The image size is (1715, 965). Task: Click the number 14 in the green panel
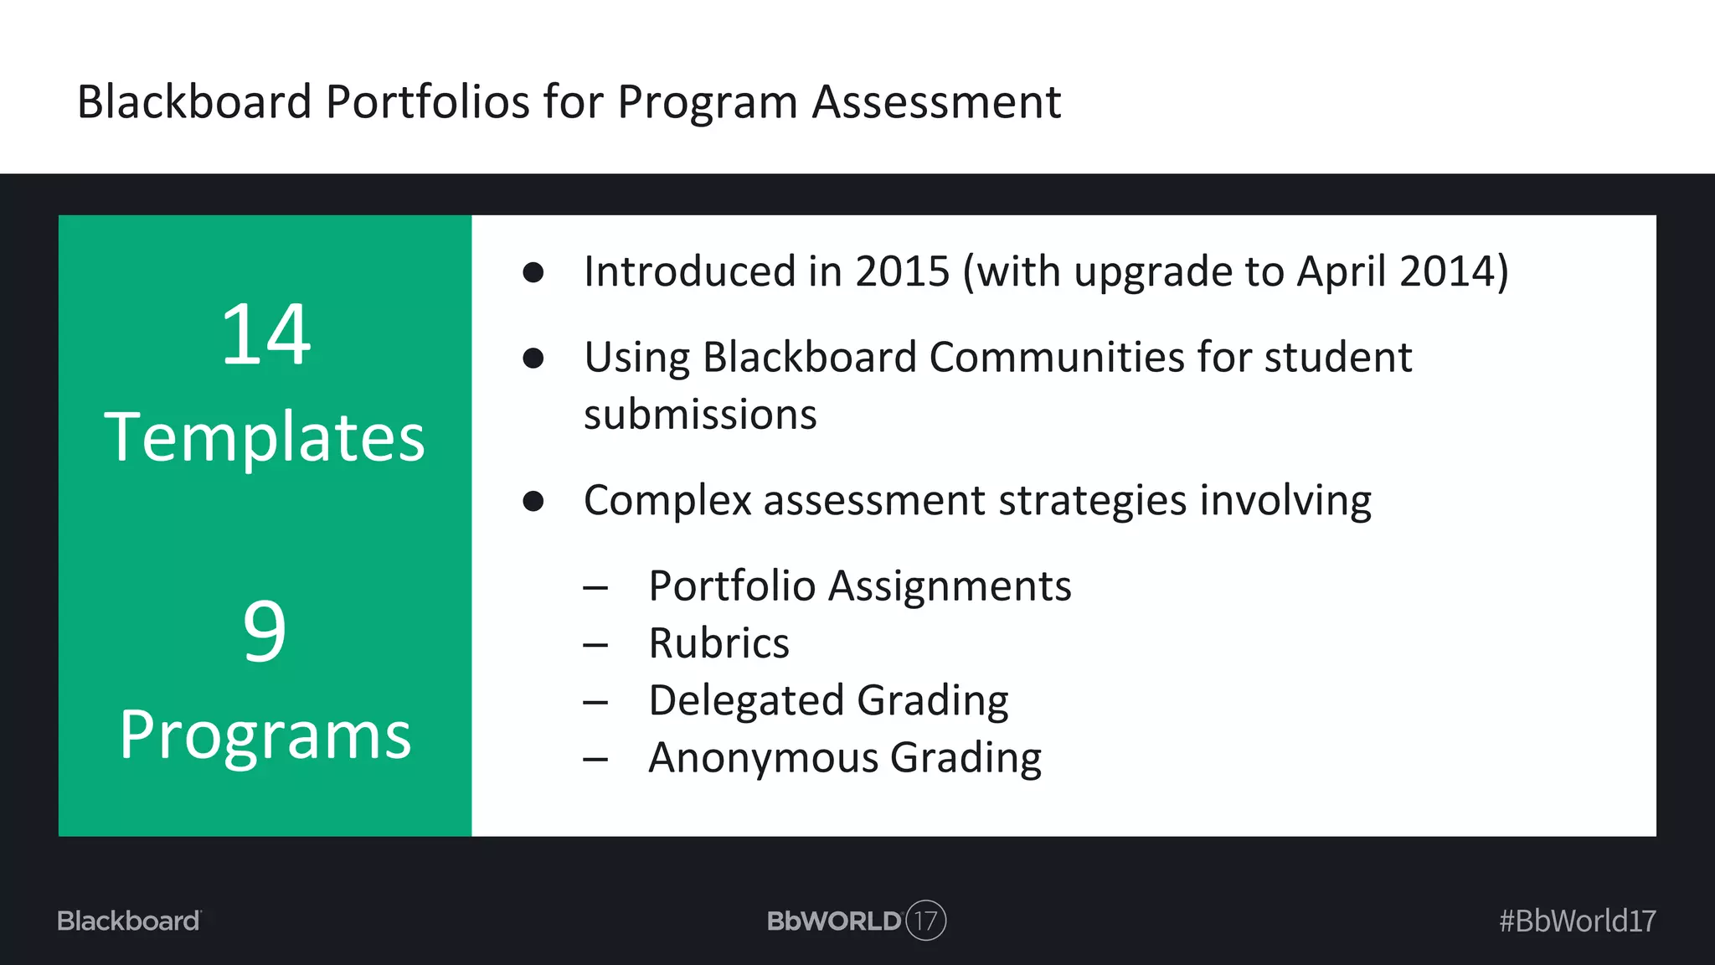[265, 335]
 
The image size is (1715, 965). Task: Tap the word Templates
[265, 437]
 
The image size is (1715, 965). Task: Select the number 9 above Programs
[265, 631]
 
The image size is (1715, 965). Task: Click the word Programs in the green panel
[265, 735]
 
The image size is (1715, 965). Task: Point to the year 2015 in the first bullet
[903, 271]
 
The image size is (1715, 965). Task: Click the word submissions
[700, 415]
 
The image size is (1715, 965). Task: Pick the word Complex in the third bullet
[667, 501]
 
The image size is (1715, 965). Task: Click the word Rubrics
[718, 643]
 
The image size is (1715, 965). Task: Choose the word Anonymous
[763, 757]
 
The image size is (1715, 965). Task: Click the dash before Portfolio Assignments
[595, 587]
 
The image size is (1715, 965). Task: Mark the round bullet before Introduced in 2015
[533, 272]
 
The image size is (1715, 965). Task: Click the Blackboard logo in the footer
[129, 921]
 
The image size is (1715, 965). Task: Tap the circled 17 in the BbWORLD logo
[925, 921]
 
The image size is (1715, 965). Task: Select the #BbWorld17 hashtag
[1577, 921]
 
